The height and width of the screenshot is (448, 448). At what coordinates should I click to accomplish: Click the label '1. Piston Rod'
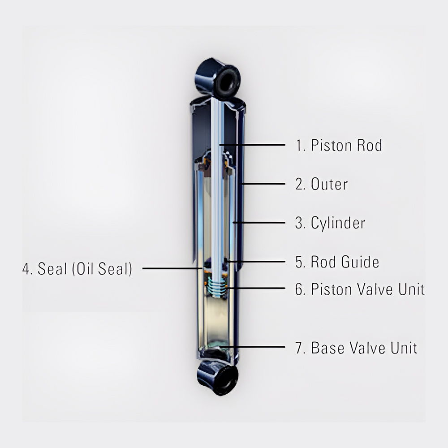click(339, 145)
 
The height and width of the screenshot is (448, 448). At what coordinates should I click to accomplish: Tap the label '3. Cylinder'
click(330, 223)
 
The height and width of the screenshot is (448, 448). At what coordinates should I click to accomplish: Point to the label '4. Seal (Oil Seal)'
click(77, 269)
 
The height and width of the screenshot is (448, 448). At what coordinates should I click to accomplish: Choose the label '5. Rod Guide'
click(337, 262)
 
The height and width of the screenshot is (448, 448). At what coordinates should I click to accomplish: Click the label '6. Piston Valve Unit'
click(360, 289)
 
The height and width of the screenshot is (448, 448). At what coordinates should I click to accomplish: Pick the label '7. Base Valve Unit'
click(356, 348)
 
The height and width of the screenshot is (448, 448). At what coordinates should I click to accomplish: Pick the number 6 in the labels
click(299, 289)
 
